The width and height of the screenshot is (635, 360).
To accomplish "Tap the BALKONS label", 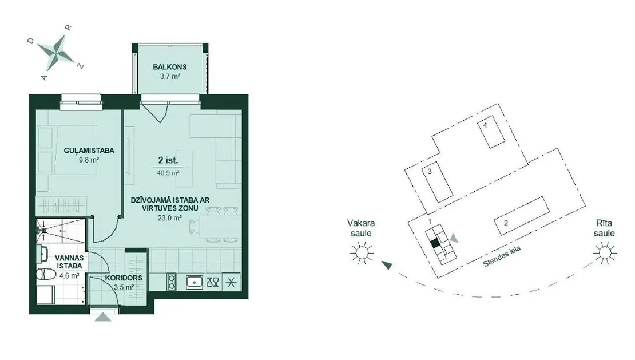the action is pyautogui.click(x=170, y=67).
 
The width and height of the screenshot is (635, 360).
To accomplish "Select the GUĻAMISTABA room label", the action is pyautogui.click(x=89, y=151).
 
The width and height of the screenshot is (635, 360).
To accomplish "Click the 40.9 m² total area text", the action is pyautogui.click(x=168, y=173).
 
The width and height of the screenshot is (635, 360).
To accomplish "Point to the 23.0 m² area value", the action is pyautogui.click(x=170, y=218).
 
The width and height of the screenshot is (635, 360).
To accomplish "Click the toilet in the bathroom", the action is pyautogui.click(x=46, y=275).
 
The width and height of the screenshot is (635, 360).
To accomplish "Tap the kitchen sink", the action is pyautogui.click(x=195, y=282).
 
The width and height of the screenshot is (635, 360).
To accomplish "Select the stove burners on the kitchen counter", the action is pyautogui.click(x=172, y=282).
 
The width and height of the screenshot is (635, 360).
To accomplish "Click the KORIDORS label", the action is pyautogui.click(x=124, y=278).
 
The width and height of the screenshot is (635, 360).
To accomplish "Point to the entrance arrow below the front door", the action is pyautogui.click(x=103, y=317).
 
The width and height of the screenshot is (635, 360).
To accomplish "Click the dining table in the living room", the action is pyautogui.click(x=220, y=226).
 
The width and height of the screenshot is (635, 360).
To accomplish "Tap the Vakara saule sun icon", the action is pyautogui.click(x=362, y=253).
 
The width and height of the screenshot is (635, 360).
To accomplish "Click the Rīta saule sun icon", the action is pyautogui.click(x=605, y=253).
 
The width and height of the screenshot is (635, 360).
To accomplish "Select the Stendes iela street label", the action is pyautogui.click(x=502, y=257).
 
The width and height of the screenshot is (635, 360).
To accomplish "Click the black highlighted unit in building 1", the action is pyautogui.click(x=435, y=243).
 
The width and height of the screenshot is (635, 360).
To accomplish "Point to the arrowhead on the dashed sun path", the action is pyautogui.click(x=387, y=265).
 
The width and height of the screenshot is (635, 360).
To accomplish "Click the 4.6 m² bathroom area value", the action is pyautogui.click(x=69, y=276).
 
